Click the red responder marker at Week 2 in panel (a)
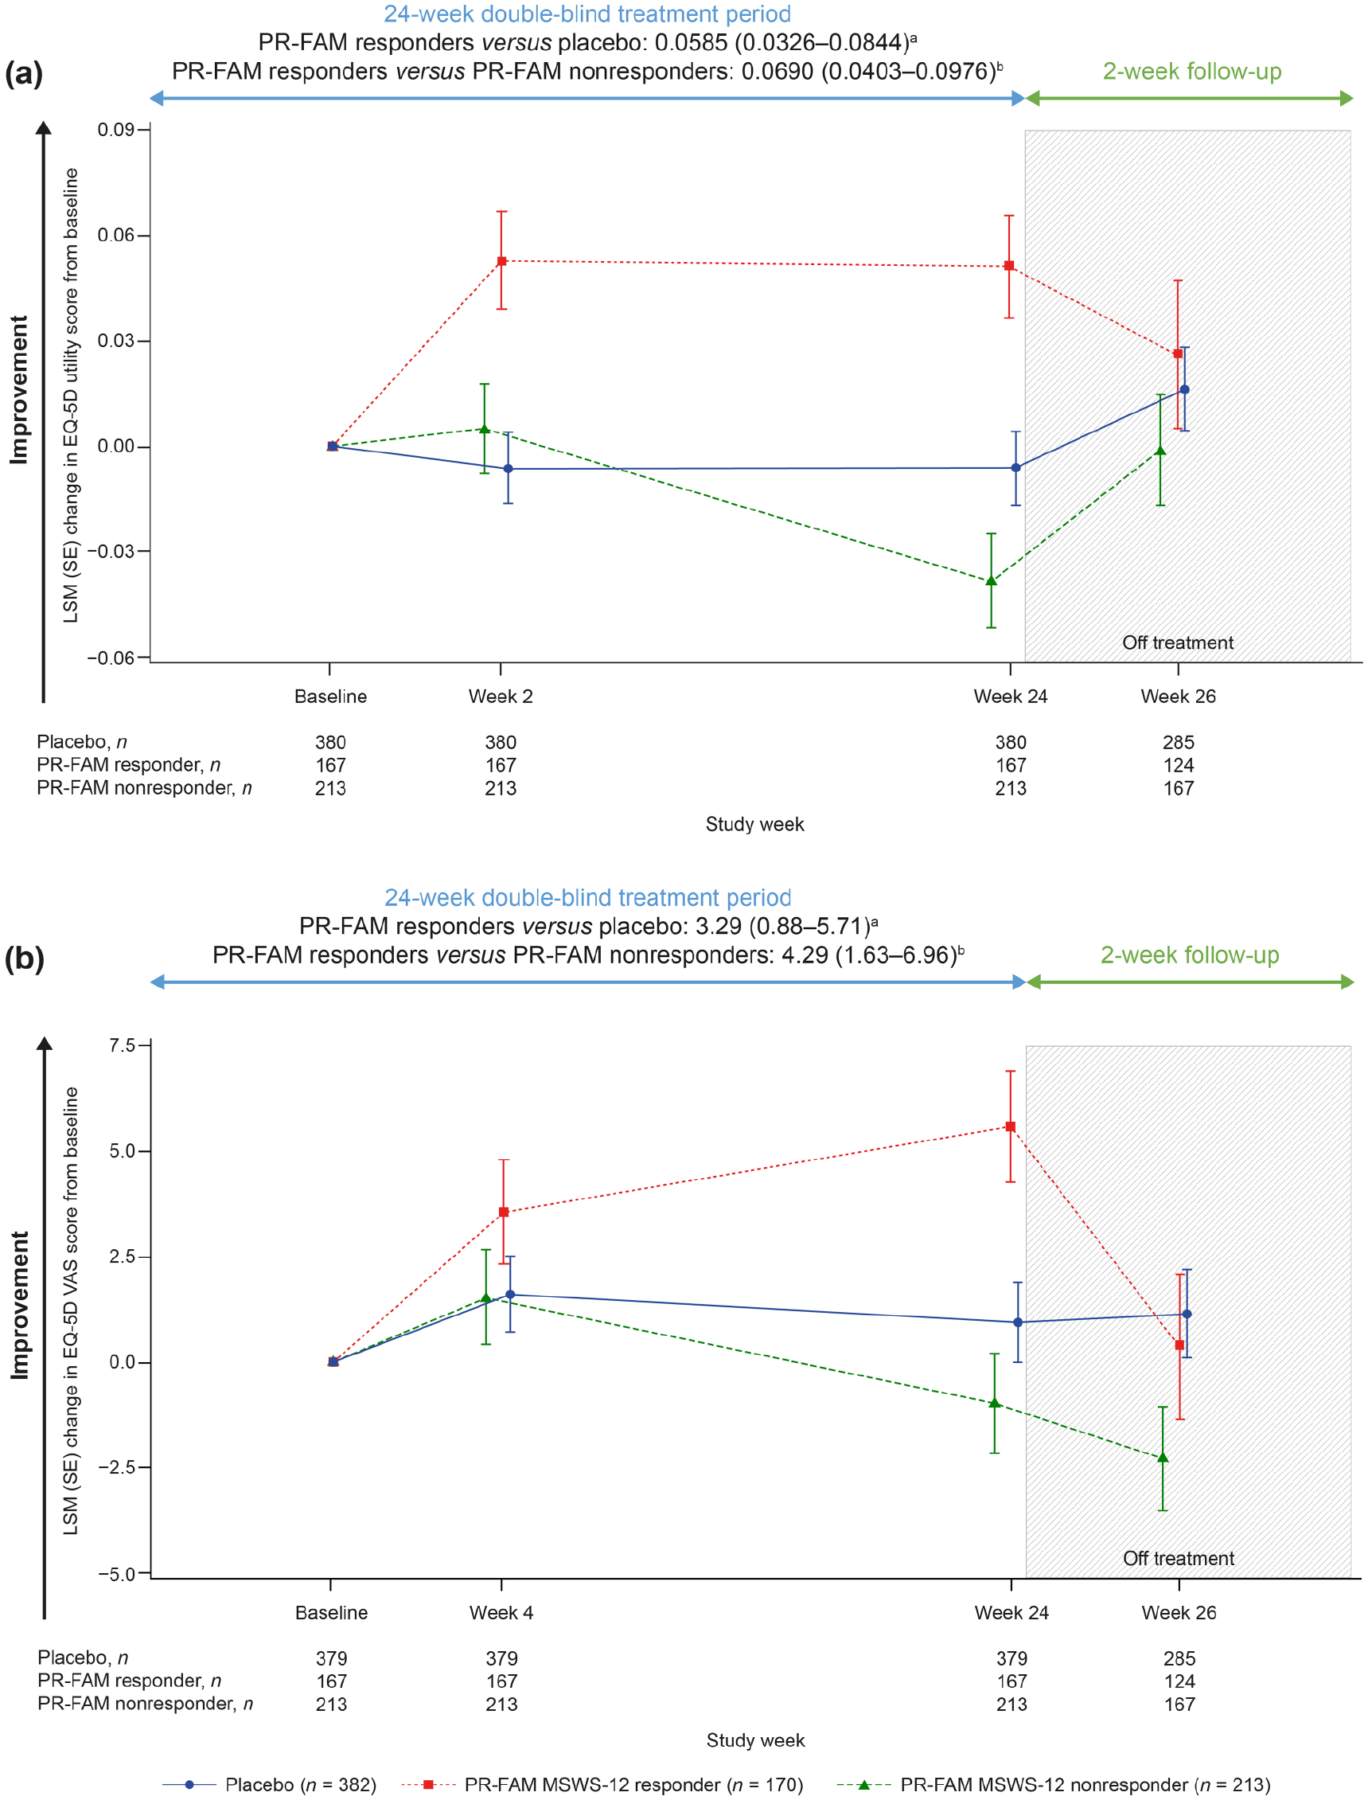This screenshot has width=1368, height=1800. point(501,261)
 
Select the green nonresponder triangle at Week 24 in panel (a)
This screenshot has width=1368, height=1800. point(991,580)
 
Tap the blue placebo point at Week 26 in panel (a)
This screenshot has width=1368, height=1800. point(1185,389)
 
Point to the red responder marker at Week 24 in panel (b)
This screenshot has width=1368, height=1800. point(1011,1126)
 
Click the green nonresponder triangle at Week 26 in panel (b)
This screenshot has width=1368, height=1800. point(1163,1457)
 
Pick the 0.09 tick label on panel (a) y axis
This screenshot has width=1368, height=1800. point(115,130)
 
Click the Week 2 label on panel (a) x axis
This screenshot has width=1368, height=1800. point(500,697)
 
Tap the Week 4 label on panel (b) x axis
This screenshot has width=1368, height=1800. point(501,1613)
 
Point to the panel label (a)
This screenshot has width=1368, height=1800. point(24,73)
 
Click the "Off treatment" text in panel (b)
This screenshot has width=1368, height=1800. point(1179,1558)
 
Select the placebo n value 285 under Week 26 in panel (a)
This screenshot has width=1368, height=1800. point(1179,742)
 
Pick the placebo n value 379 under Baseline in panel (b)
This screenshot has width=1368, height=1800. point(331,1658)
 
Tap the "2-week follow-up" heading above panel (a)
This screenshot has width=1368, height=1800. point(1192,72)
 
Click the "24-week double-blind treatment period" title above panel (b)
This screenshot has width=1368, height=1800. point(588,897)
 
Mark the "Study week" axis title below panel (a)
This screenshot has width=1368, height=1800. point(755,824)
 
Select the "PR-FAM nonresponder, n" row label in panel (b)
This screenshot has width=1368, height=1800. point(145,1704)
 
